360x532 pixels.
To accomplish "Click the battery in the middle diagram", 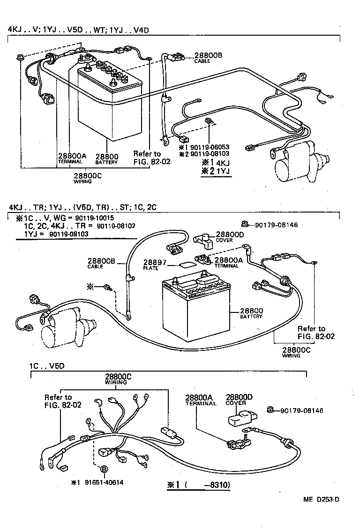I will tap(195, 310).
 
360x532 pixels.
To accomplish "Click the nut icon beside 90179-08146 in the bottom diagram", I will tap(271, 410).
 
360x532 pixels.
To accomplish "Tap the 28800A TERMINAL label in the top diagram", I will tap(72, 158).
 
